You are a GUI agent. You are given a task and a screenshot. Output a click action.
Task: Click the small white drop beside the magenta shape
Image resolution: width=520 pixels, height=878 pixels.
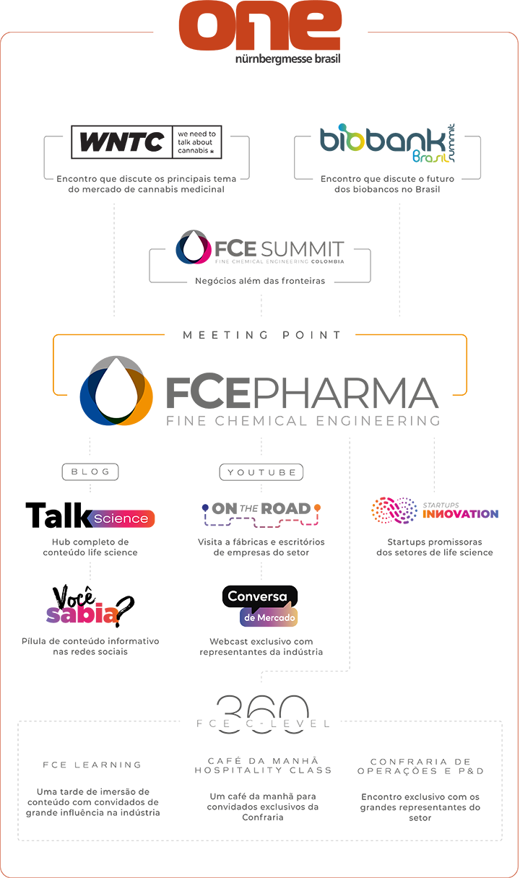click(x=194, y=248)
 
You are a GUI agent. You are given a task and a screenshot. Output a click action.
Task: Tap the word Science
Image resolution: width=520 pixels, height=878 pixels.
click(x=121, y=518)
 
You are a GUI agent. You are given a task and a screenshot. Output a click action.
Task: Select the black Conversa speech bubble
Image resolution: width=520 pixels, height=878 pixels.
click(x=259, y=597)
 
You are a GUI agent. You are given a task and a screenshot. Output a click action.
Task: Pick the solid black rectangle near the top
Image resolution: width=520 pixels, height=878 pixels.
click(x=149, y=149)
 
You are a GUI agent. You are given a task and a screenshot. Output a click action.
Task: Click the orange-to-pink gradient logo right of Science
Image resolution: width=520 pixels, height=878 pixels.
click(x=274, y=521)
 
